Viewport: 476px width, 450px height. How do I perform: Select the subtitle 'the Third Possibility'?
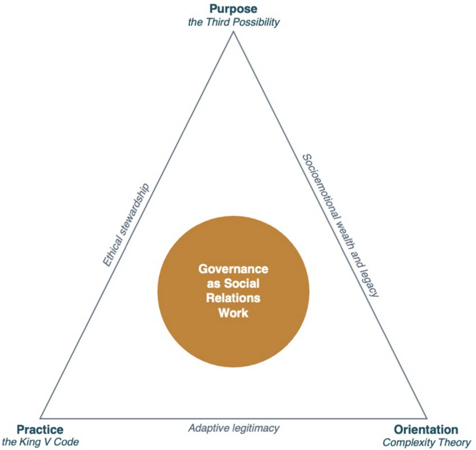234,22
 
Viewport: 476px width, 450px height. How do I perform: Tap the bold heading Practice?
40,429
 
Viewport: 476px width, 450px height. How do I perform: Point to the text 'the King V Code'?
40,442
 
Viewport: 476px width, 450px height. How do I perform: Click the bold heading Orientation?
426,429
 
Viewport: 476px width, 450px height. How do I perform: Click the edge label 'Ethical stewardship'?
126,225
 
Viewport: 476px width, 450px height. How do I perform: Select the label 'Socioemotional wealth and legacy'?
340,226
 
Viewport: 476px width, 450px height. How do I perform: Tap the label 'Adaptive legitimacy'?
234,428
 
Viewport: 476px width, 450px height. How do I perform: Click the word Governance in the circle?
233,269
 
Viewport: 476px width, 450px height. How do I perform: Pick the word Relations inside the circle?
233,298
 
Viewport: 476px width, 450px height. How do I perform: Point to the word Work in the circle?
233,313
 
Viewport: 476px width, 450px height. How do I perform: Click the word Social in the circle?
242,283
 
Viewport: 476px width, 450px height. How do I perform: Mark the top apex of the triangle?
233,32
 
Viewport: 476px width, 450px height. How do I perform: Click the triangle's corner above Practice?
40,419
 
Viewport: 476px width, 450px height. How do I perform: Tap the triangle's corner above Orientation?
427,419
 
